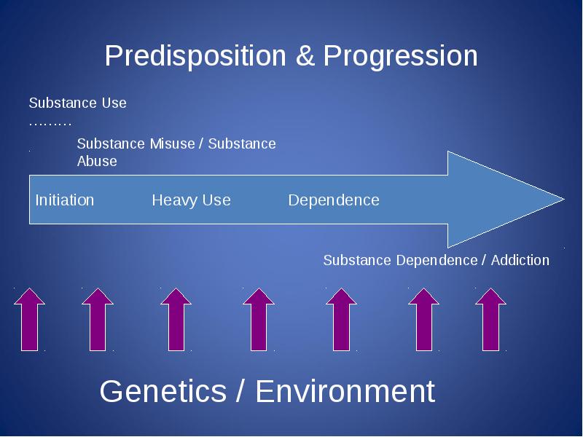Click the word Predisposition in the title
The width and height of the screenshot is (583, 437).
195,56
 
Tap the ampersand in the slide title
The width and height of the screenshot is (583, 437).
305,56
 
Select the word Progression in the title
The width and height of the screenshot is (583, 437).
400,57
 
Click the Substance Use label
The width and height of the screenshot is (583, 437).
78,103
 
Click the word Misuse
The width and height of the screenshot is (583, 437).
173,143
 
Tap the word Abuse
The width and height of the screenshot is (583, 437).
97,161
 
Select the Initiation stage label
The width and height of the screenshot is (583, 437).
65,200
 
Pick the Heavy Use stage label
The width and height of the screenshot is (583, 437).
191,201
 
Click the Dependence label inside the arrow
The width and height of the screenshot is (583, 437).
334,200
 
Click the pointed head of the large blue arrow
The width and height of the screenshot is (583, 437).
564,199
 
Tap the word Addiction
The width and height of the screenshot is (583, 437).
520,260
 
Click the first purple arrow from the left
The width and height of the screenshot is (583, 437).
29,320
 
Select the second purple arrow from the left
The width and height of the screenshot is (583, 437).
98,320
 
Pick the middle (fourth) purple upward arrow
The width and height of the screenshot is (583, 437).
259,320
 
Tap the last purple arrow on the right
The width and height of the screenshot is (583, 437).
490,320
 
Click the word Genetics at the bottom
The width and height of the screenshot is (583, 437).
163,391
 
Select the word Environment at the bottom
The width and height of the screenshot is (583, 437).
345,391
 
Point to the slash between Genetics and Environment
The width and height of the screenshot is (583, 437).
241,391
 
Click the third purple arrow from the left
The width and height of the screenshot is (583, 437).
176,320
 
